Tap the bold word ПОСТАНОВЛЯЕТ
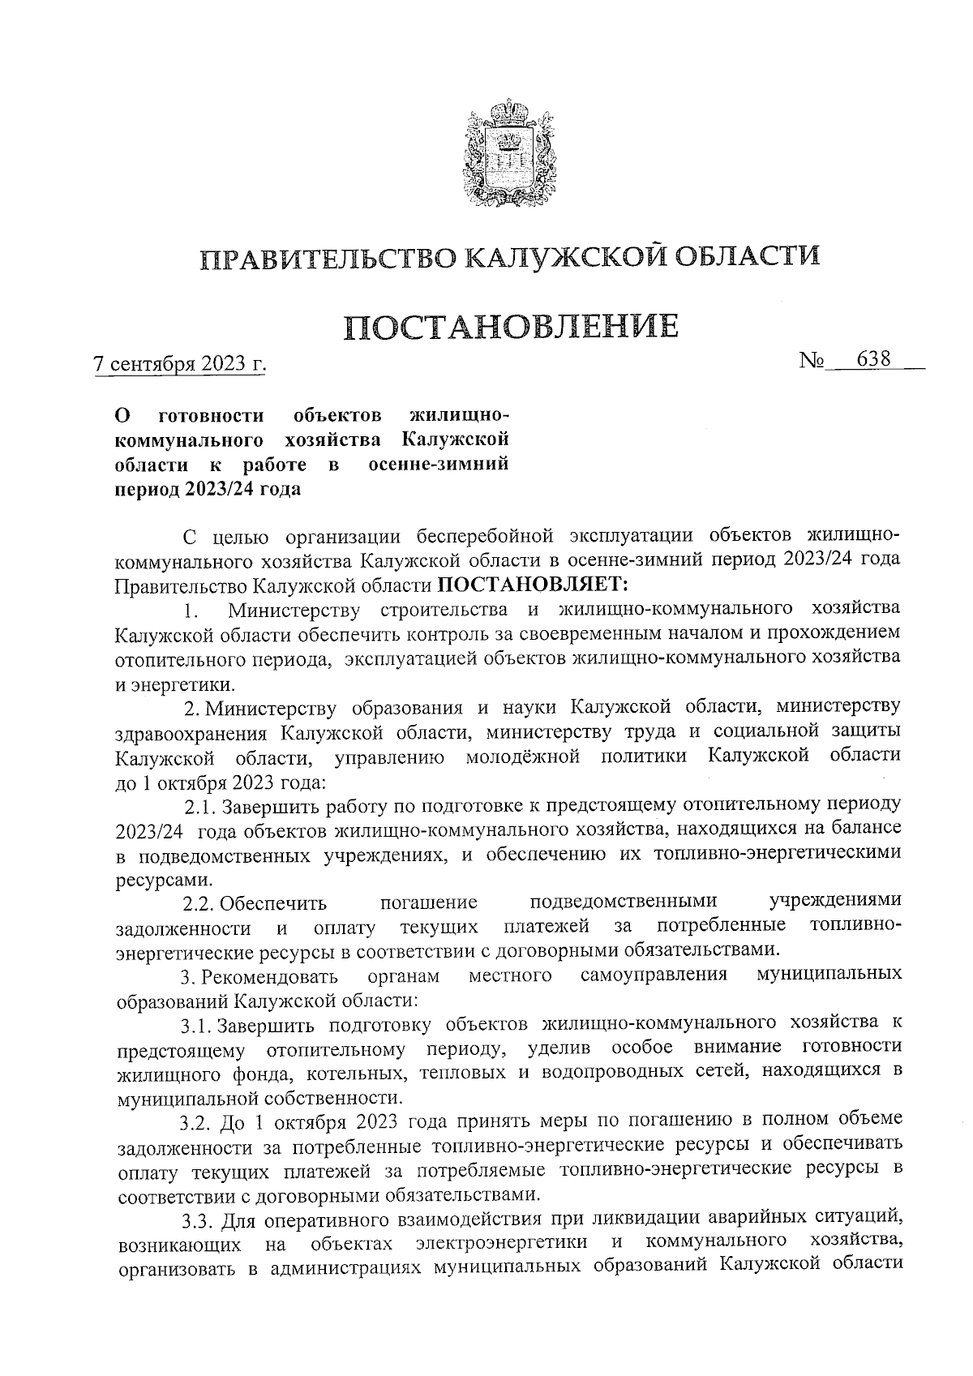pos(528,583)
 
